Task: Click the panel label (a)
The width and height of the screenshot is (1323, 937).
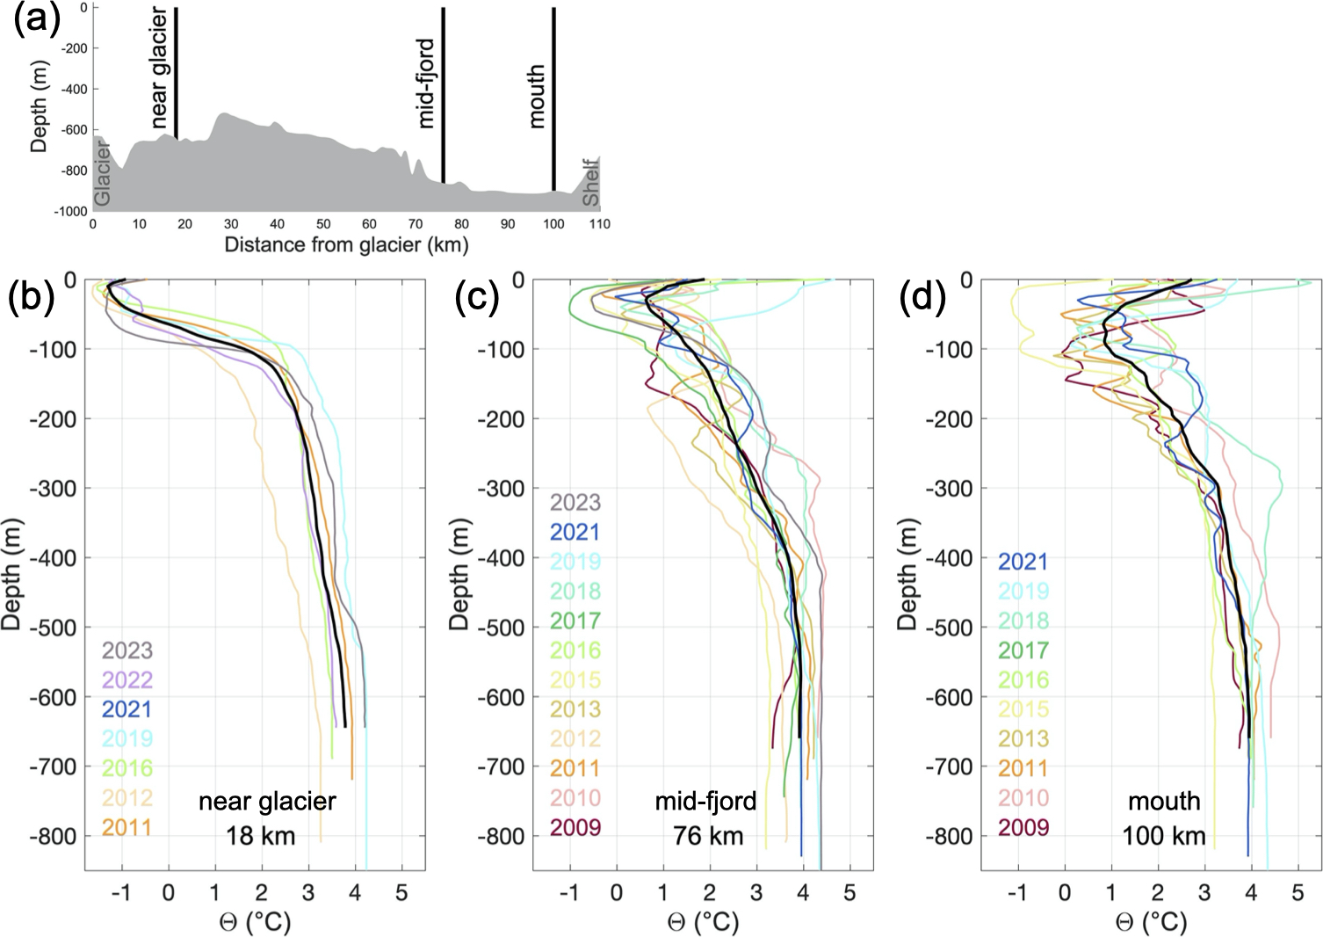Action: tap(36, 17)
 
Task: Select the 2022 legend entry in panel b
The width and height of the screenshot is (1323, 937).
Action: tap(127, 679)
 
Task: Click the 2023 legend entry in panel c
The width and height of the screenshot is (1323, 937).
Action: tap(575, 502)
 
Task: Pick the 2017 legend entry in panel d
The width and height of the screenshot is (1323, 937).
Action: tap(1023, 650)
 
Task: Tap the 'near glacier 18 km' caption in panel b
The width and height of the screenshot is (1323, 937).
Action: tap(266, 817)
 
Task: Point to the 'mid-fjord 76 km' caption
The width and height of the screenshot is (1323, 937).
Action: tap(706, 817)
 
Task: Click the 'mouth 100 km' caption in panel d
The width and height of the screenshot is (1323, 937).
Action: tap(1164, 817)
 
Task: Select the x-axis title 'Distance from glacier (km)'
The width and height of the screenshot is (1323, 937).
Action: tap(346, 244)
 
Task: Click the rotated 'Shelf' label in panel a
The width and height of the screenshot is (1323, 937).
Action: tap(591, 183)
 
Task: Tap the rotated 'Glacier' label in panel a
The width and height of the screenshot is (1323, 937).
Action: tap(103, 175)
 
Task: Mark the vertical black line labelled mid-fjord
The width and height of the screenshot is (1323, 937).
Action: tap(444, 95)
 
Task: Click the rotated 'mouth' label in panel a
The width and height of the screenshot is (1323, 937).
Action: tap(536, 97)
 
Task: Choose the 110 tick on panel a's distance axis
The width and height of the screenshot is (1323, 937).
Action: tap(599, 224)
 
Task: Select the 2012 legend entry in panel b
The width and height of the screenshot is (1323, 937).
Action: tap(127, 797)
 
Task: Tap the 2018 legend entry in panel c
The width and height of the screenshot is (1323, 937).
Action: tap(575, 591)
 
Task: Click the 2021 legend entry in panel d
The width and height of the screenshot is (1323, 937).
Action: tap(1023, 561)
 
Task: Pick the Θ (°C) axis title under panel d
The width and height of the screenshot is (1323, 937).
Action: tap(1151, 922)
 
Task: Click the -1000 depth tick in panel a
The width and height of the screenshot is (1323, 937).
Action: tap(71, 211)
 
